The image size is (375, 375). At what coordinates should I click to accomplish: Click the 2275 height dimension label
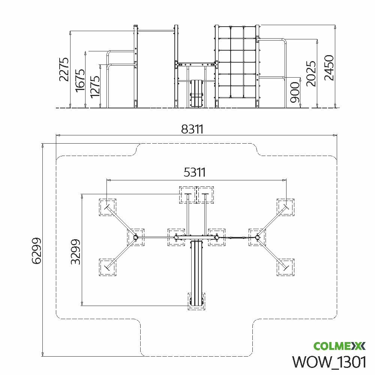coord(64,69)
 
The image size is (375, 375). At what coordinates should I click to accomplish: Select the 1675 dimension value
coord(80,81)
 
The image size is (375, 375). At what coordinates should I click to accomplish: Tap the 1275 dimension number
coord(95,87)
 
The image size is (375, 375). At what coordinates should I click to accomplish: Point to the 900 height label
coord(295,92)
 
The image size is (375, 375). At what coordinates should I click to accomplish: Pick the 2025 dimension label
coord(311,73)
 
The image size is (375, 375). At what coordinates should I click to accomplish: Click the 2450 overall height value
coord(329,67)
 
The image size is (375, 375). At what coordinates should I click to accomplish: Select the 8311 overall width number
coord(192,129)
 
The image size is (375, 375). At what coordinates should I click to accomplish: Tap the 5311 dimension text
coord(195,172)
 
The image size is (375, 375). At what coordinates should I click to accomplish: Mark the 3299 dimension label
coord(76,252)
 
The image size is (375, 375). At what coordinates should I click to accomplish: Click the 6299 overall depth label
coord(36,250)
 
